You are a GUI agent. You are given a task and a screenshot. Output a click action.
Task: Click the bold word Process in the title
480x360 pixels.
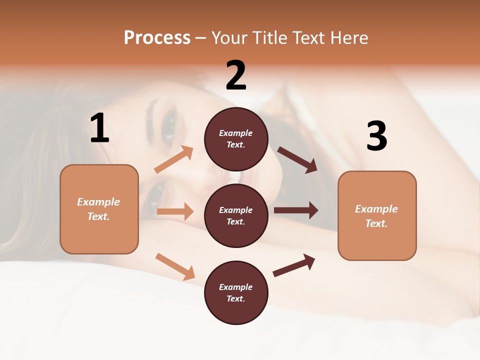coord(157,38)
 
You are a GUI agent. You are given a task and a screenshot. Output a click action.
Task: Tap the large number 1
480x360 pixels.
coord(99,129)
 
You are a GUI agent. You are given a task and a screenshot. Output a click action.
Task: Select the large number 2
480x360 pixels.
coord(236,76)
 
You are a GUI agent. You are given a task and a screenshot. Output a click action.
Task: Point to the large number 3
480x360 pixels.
coord(376,136)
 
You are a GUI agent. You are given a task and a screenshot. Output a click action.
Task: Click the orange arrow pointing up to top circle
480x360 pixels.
coord(174,160)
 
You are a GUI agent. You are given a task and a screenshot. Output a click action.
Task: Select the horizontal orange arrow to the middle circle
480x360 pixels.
coord(175,211)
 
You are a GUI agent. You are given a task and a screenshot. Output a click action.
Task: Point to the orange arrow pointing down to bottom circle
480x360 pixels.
coord(175,266)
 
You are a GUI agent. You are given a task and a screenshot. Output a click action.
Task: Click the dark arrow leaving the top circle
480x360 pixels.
coord(297,160)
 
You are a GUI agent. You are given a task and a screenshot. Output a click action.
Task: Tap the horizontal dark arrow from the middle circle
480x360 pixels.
coord(296,210)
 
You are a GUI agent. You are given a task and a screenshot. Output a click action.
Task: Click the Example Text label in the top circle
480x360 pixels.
coord(236,139)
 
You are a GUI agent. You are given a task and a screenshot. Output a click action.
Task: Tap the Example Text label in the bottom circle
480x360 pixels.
coord(236,293)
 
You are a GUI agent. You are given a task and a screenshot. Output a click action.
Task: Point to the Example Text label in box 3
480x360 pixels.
coord(376,216)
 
